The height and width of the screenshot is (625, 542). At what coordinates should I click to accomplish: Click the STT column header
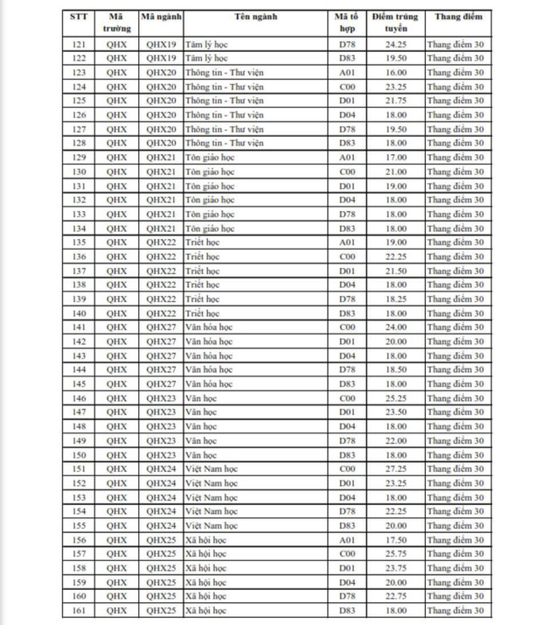[80, 17]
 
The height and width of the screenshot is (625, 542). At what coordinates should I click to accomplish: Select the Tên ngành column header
[255, 17]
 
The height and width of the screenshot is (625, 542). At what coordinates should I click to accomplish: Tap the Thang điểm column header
[455, 17]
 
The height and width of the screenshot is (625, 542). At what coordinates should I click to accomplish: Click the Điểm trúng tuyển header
[393, 22]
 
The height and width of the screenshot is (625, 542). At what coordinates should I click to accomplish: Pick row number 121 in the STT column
[80, 43]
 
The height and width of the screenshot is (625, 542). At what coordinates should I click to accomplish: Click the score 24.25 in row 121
[393, 43]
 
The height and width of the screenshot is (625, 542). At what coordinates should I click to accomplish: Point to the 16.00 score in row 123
[393, 72]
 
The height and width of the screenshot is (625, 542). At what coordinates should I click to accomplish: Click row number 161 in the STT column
[80, 611]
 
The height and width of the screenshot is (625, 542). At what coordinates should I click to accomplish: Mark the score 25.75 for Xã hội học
[393, 554]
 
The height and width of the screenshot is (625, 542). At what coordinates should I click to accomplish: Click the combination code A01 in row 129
[347, 157]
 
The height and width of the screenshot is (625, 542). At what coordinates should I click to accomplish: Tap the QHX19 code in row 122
[162, 58]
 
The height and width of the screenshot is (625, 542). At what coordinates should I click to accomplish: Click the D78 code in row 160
[347, 597]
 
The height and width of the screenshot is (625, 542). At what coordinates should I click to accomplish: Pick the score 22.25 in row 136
[393, 256]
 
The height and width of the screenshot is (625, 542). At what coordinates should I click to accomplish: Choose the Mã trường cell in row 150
[116, 455]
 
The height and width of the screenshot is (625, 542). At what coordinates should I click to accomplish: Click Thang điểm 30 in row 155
[455, 526]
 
